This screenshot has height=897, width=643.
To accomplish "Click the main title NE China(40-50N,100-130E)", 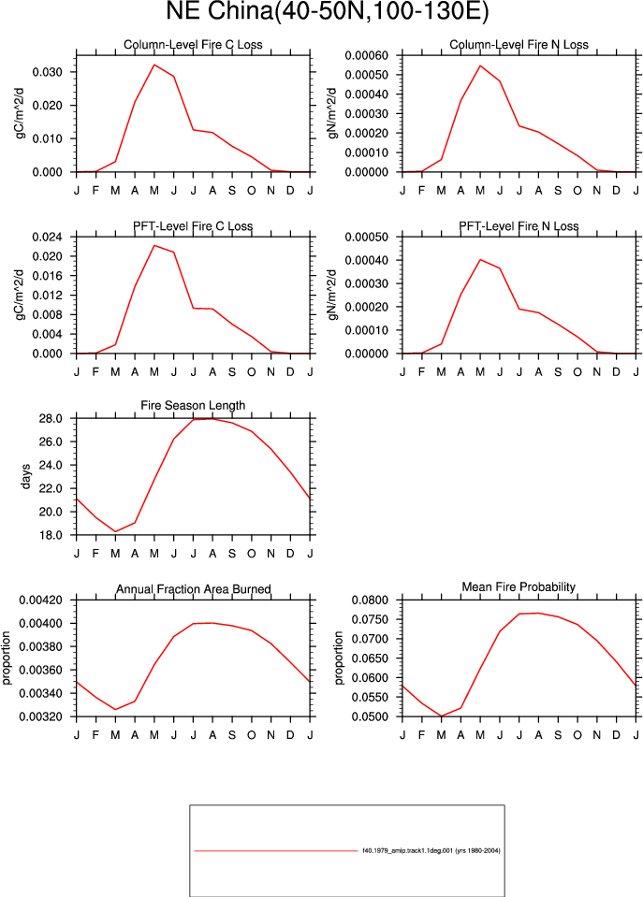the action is pos(328,11).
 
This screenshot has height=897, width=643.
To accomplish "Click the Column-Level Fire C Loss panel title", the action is pos(193,45).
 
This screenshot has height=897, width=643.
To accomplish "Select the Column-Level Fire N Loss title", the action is pos(519,45).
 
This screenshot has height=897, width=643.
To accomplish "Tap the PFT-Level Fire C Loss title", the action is pos(193,226).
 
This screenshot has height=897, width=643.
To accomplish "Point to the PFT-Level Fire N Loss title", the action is pos(519,226).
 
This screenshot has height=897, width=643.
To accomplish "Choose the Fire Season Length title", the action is pos(193,406).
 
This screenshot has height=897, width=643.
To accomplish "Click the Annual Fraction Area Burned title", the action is pos(194,589).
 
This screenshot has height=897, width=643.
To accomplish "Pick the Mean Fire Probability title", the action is pos(519,587).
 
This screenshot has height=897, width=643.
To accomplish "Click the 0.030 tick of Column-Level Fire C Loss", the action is pos(47,72).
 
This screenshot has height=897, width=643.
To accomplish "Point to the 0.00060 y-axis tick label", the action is pos(367,55).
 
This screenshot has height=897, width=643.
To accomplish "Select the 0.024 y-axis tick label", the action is pos(47,237).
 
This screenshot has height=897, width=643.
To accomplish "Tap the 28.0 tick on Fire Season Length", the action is pos(51,419).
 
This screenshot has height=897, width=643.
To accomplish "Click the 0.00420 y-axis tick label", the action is pos(40,600).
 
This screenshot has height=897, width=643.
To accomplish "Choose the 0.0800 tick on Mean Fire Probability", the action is pos(370,600).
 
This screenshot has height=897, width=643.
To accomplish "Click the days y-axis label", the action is pos(25,476).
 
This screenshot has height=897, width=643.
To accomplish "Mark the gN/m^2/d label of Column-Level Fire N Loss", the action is pos(332,113).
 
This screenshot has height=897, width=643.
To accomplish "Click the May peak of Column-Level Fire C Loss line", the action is pos(154,65).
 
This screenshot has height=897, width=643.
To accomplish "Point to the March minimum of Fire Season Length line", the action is pos(115,531).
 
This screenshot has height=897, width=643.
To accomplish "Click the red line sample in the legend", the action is pos(276,851).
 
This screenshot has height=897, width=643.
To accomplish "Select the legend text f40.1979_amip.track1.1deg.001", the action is pos(407,850).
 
